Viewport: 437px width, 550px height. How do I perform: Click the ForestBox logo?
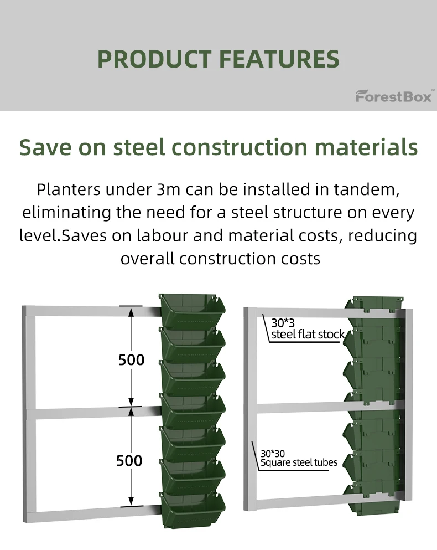click(x=393, y=96)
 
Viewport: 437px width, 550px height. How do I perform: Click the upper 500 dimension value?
click(x=131, y=360)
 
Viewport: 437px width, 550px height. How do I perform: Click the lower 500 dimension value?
click(x=129, y=461)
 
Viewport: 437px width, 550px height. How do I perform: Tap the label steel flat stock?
click(x=308, y=335)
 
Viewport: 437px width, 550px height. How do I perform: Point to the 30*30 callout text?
click(x=272, y=453)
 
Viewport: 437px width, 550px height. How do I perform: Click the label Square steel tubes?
click(x=299, y=462)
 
